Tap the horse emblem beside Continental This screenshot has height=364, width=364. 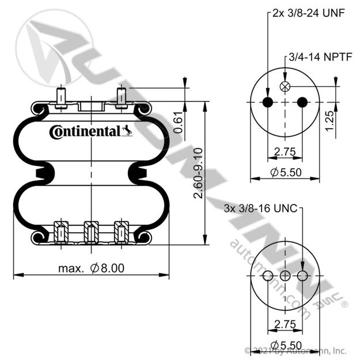click(x=127, y=130)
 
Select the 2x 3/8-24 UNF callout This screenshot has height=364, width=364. click(x=309, y=13)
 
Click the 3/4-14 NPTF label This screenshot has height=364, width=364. click(x=321, y=56)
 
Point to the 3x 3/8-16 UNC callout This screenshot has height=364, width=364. click(x=261, y=208)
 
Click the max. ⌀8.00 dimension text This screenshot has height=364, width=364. click(x=91, y=268)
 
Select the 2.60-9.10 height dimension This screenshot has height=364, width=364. click(x=198, y=173)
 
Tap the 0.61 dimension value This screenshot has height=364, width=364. click(x=179, y=122)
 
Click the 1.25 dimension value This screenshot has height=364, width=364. click(x=329, y=121)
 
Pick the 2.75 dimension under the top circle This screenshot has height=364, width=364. click(x=285, y=152)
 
